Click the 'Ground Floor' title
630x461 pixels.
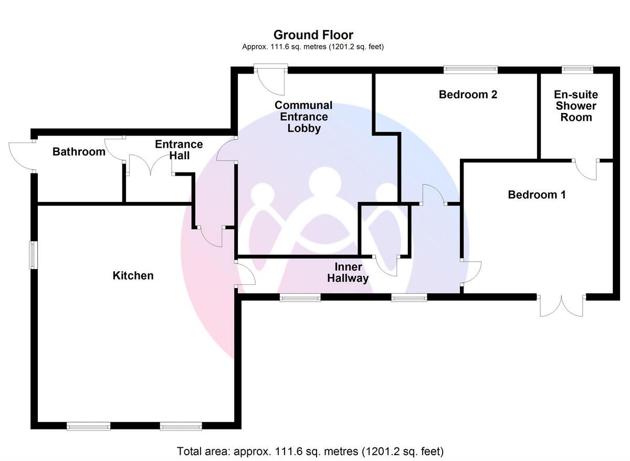pos(313,35)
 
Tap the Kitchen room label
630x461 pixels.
pos(133,275)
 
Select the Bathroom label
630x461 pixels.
pos(79,152)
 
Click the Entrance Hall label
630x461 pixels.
pos(179,150)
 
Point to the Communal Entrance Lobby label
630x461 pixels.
pos(303,117)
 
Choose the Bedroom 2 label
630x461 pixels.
pos(468,95)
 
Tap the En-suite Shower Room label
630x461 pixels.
pos(576,106)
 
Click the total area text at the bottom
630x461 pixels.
pos(310,451)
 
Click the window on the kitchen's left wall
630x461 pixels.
pos(33,255)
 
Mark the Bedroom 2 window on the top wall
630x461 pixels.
pos(470,68)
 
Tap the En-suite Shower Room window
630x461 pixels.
pos(577,68)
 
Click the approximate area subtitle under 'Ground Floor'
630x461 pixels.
pos(313,47)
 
